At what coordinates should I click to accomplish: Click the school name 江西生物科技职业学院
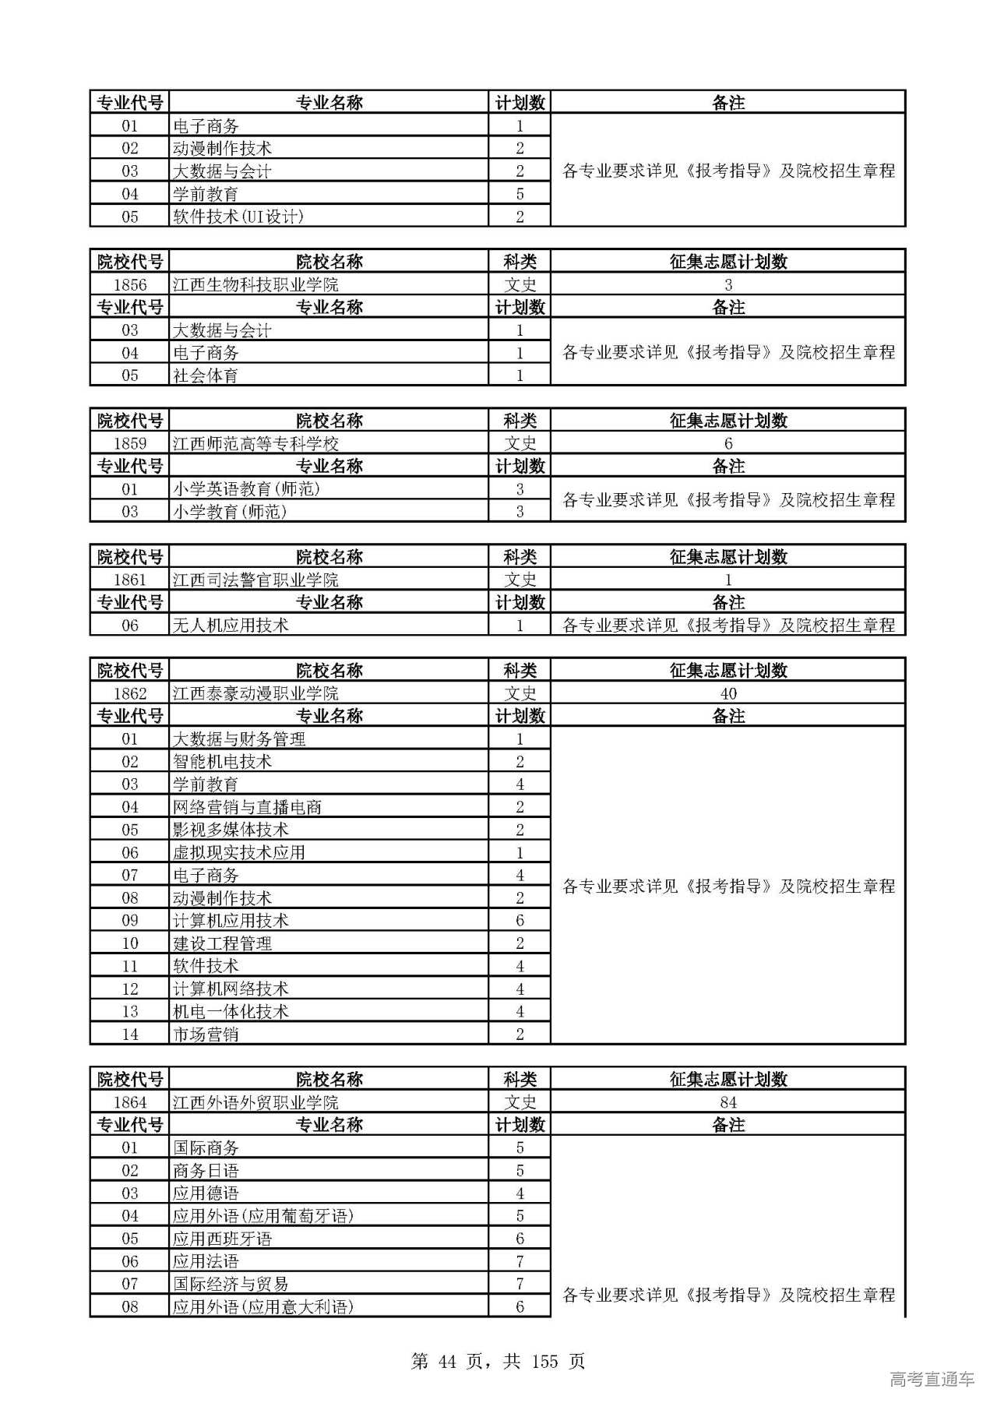(255, 284)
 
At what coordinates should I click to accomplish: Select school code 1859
(130, 443)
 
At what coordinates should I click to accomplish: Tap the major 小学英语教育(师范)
(246, 489)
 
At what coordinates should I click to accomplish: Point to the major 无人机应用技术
(231, 625)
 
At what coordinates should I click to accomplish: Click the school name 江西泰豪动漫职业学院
(255, 693)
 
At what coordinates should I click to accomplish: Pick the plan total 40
(728, 693)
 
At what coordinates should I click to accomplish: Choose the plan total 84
(728, 1102)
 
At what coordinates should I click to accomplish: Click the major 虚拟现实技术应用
(238, 852)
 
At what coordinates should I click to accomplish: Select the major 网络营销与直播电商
(247, 807)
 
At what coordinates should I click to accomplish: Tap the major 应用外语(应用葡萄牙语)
(263, 1216)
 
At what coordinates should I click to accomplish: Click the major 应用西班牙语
(222, 1239)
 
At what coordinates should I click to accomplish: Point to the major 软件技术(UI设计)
(238, 217)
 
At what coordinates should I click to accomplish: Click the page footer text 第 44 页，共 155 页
(498, 1361)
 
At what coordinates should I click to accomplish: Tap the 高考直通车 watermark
(932, 1380)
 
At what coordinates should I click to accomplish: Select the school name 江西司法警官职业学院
(255, 580)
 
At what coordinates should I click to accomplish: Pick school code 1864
(130, 1102)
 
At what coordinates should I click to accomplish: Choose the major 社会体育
(206, 375)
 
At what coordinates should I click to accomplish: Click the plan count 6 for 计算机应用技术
(520, 921)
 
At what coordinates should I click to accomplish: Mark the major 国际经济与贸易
(231, 1284)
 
